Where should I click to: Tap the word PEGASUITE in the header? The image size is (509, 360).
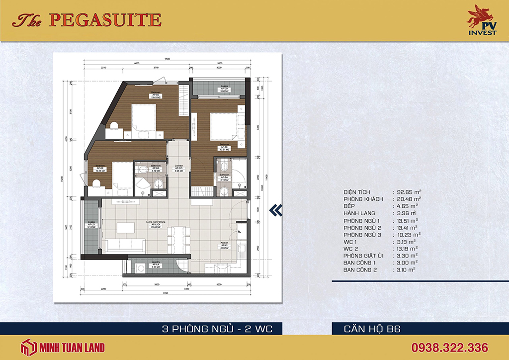click(x=105, y=20)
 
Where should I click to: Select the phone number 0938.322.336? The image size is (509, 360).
click(x=449, y=347)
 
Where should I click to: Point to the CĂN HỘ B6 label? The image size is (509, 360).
click(x=372, y=329)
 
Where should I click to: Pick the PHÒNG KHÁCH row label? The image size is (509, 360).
click(x=363, y=199)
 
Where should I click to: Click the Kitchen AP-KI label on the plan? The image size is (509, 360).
click(x=225, y=245)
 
